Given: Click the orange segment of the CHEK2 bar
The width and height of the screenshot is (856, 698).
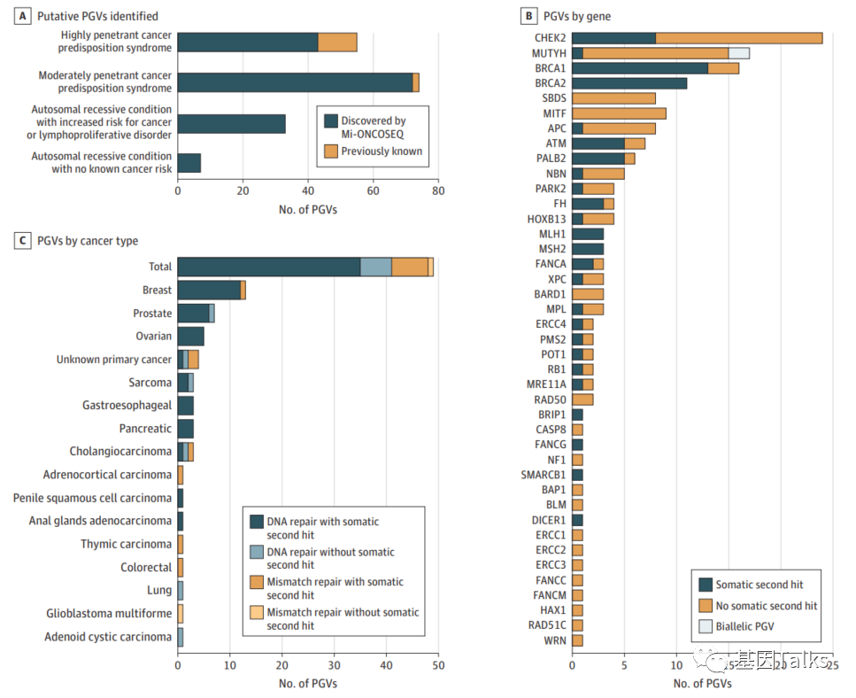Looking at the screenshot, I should [739, 38].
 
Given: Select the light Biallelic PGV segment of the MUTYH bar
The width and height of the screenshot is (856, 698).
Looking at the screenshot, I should [738, 53].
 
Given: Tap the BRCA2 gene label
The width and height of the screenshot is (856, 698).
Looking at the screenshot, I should [550, 83].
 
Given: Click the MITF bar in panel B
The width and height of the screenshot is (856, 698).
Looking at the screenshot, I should [619, 113].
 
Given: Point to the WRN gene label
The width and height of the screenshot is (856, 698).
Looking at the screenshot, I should [556, 640].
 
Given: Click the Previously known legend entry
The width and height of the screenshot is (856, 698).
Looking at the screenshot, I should [382, 151].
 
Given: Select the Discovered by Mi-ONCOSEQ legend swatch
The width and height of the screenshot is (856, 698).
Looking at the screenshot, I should [331, 121].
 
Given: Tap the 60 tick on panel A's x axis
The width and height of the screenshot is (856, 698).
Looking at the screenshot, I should [373, 190].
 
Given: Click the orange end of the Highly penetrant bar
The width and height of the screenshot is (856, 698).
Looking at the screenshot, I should [337, 42].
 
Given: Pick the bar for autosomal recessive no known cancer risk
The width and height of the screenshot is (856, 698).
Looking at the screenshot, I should [189, 163].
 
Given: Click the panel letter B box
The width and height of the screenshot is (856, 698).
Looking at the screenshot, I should [528, 17].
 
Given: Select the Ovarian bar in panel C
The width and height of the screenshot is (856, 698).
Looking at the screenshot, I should [190, 337].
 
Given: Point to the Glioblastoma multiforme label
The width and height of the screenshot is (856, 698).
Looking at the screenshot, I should [109, 614].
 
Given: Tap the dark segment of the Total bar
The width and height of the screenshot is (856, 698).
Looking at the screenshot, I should [268, 267].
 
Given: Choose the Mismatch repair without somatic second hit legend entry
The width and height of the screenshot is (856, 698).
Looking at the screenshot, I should [343, 619].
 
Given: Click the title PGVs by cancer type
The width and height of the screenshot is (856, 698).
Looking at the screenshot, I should [87, 241].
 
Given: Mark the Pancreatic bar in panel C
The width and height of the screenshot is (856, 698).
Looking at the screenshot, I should [185, 429].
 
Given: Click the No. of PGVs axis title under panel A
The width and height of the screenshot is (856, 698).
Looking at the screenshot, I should [307, 209].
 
